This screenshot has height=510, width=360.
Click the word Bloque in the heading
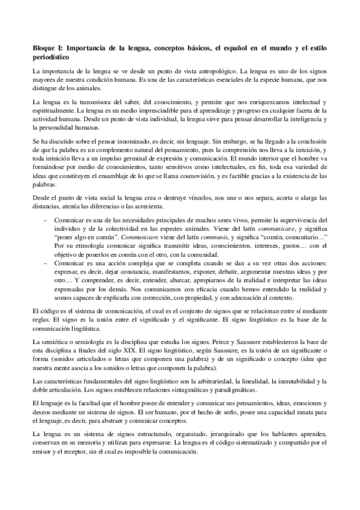[44, 47]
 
